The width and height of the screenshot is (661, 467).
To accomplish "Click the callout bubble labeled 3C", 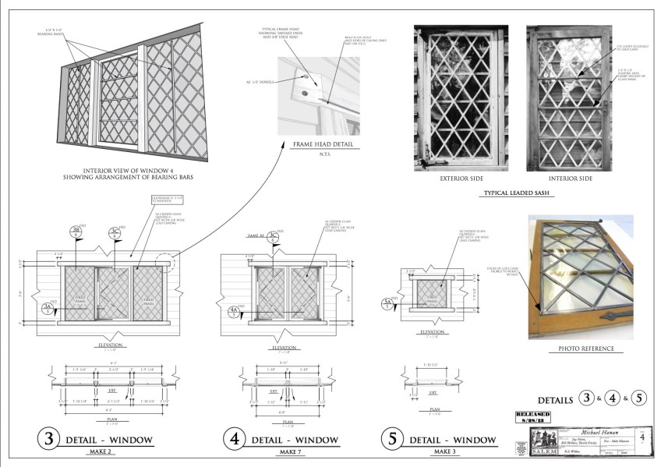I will (115, 232).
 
